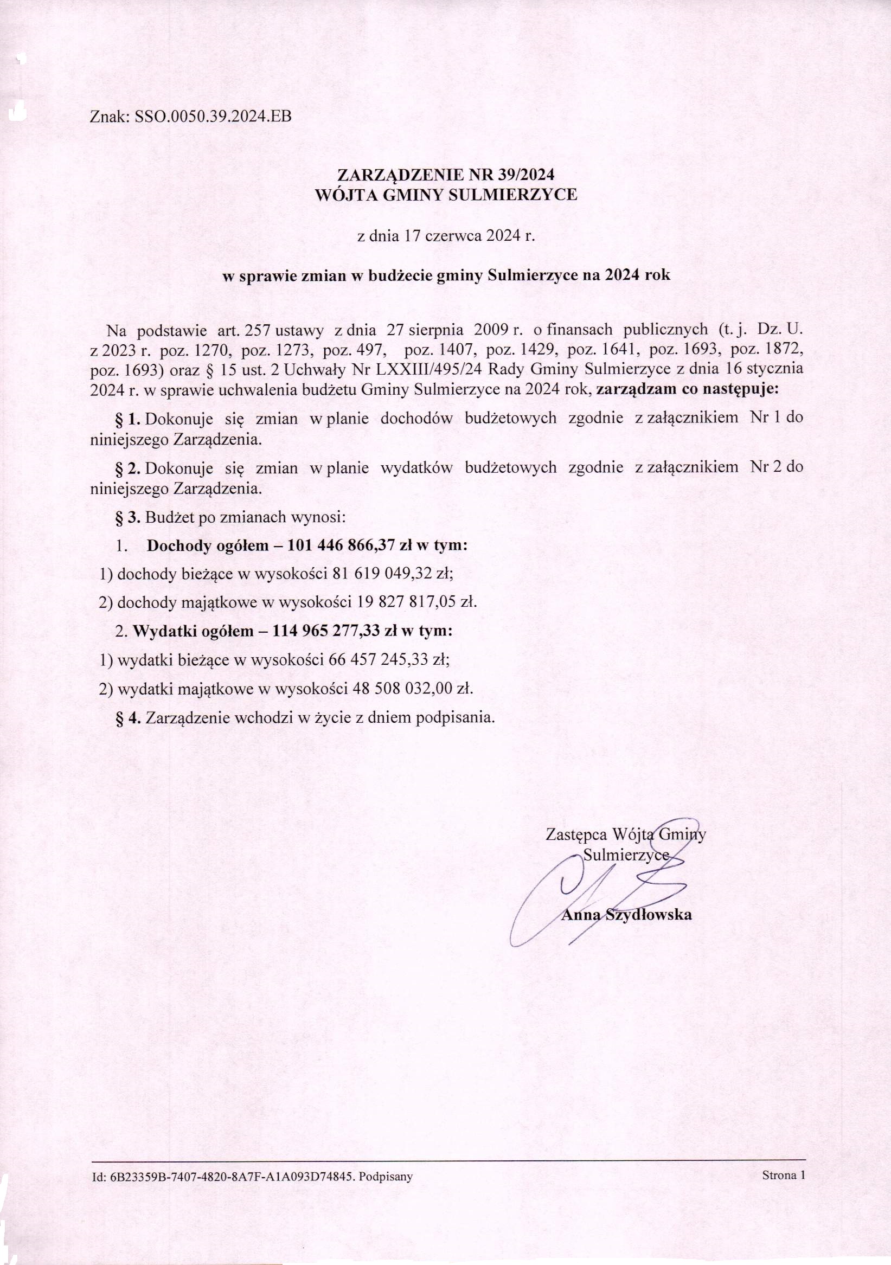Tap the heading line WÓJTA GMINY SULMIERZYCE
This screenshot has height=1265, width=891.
point(445,195)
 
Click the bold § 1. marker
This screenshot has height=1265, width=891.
point(129,419)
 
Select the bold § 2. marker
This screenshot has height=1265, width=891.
point(129,468)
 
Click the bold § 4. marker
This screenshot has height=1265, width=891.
point(129,718)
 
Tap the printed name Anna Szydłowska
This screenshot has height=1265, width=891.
point(626,915)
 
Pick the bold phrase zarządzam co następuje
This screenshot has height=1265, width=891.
point(687,389)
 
